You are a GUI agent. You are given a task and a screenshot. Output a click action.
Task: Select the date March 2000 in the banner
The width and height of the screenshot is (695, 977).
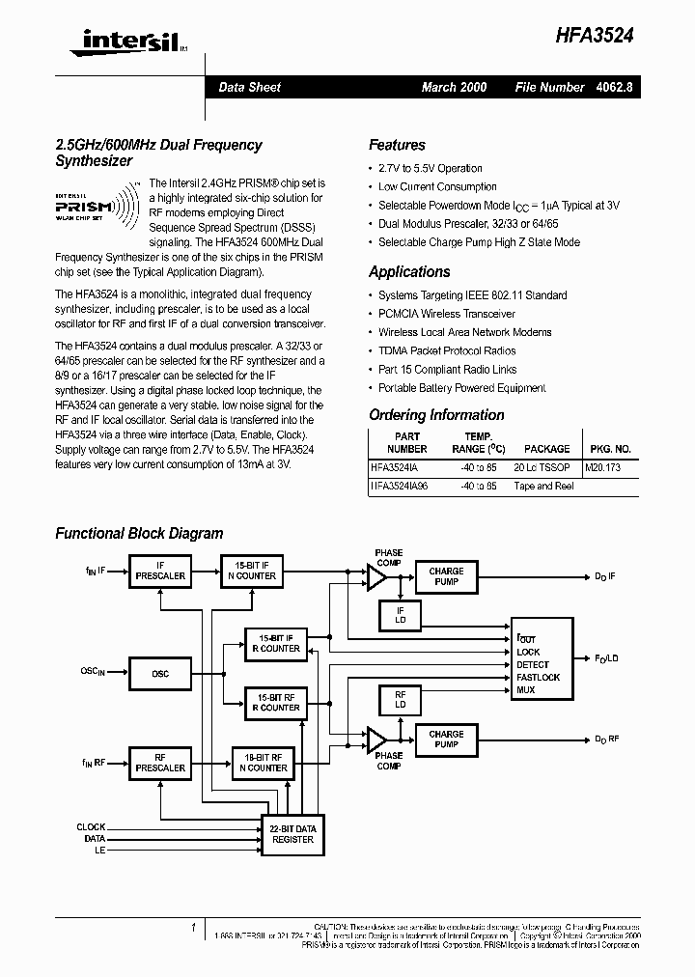coord(454,87)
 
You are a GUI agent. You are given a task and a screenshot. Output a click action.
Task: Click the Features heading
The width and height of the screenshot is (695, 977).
coord(397,145)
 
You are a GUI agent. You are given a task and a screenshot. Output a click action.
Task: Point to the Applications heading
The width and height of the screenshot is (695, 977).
coord(409,272)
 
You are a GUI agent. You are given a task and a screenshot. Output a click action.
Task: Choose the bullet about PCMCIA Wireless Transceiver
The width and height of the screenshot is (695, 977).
coord(446,314)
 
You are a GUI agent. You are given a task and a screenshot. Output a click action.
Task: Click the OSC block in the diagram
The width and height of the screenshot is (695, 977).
coord(160,674)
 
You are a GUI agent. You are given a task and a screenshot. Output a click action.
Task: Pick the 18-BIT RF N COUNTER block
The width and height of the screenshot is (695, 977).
coord(262,762)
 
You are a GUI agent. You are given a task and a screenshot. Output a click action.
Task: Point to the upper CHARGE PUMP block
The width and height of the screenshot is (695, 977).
coord(446,576)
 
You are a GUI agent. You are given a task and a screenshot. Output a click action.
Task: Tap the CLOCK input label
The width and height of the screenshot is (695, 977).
coord(92,827)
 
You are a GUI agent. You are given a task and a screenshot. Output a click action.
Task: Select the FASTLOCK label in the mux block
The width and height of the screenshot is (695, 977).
coord(538,678)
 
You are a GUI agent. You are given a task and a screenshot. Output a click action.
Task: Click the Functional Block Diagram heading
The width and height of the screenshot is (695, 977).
coord(139,533)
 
